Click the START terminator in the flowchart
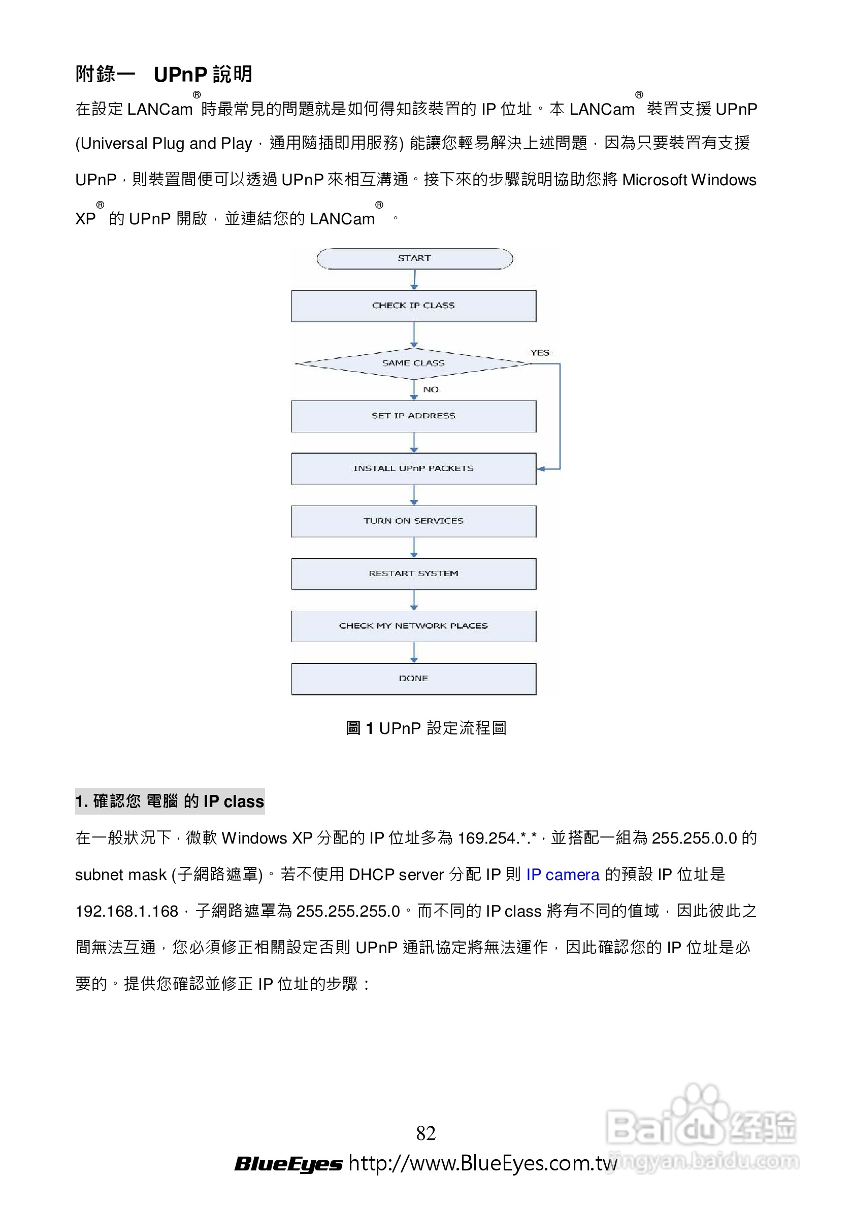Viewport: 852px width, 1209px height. coord(414,258)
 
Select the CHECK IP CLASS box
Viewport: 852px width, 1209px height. coord(414,306)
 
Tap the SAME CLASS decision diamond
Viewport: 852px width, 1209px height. coord(414,363)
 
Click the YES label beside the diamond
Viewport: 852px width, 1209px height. coord(540,353)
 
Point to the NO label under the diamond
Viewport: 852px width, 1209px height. coord(431,390)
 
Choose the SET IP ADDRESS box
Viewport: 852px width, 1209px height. coord(414,416)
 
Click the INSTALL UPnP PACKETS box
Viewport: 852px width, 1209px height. coord(414,468)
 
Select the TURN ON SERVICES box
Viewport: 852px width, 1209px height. coord(414,521)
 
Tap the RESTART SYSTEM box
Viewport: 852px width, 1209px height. coord(414,574)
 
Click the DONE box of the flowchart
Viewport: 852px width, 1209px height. coord(414,679)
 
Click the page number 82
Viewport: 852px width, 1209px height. coord(425,1133)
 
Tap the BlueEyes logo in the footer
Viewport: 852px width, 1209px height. coord(288,1164)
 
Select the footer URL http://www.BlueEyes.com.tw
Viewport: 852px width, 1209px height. coord(482,1163)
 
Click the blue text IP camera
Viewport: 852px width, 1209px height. coord(563,875)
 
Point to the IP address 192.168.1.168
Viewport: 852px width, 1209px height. coord(127,911)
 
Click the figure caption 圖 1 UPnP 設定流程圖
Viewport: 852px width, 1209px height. coord(425,728)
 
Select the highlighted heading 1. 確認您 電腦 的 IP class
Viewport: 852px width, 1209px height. coord(170,801)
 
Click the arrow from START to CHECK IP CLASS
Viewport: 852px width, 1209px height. coord(414,280)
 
